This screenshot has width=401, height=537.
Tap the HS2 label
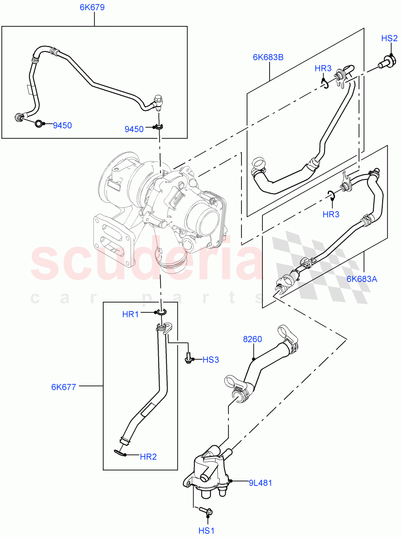point(389,38)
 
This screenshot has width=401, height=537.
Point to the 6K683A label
point(362,279)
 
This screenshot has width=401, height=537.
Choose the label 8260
point(253,340)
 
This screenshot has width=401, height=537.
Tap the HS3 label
point(211,359)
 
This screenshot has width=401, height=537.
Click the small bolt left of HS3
point(189,358)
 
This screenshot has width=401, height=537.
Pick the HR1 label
point(131,314)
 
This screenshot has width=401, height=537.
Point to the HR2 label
point(148,456)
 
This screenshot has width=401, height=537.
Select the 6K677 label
point(63,387)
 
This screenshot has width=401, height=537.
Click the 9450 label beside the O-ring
point(62,126)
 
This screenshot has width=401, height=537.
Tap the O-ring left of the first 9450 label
point(39,124)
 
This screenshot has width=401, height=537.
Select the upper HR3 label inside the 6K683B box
point(323,68)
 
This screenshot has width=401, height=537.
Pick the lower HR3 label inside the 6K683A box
point(331,214)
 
